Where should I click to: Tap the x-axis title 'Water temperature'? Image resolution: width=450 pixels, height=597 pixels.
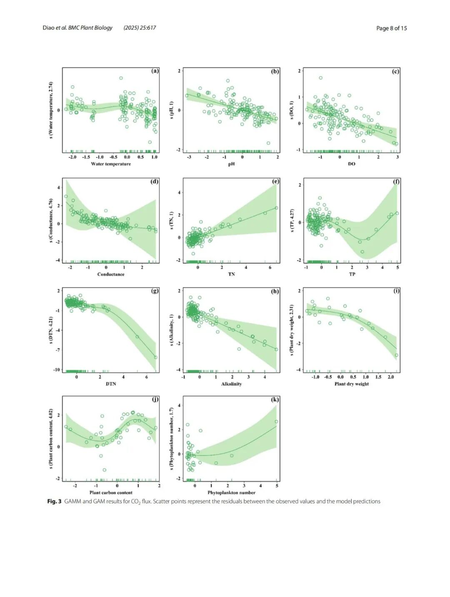(111, 164)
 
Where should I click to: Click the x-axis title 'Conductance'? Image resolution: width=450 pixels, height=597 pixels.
(111, 274)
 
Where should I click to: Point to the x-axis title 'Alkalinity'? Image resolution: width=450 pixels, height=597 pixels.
(231, 384)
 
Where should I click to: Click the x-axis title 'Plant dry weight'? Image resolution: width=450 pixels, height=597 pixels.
(351, 384)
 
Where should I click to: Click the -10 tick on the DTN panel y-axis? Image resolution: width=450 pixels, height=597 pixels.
(57, 370)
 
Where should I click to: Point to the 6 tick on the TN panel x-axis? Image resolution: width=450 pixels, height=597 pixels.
(270, 268)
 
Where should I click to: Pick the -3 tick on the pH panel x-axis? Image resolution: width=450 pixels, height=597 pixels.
(189, 157)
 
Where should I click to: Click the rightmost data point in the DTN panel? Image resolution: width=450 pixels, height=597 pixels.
(156, 357)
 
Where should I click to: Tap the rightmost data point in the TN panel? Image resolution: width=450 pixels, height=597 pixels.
(276, 208)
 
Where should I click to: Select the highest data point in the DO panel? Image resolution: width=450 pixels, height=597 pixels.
(321, 78)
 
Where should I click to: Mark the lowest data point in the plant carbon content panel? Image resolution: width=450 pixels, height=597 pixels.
(105, 470)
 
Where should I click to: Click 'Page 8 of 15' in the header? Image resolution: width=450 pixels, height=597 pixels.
(392, 28)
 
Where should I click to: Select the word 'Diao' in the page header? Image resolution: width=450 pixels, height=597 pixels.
(48, 28)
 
